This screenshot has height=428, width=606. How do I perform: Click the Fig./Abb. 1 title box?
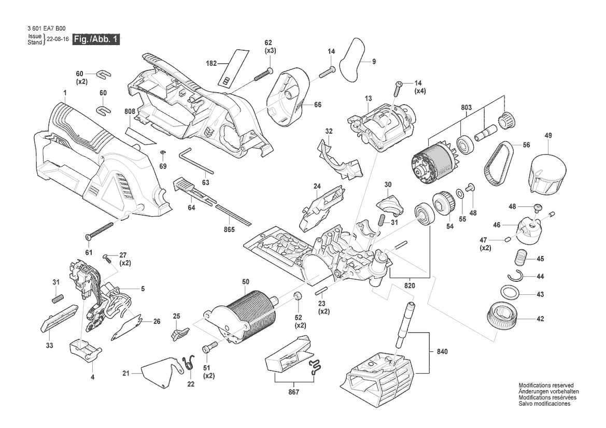pos(96,39)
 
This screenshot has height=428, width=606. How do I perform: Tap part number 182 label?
pos(212,63)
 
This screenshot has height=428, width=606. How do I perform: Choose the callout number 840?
pos(442,351)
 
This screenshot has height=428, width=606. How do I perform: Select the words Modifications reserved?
pos(546,385)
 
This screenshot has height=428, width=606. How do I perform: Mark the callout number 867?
pos(294,392)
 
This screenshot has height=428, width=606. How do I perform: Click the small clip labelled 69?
pos(163,152)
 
